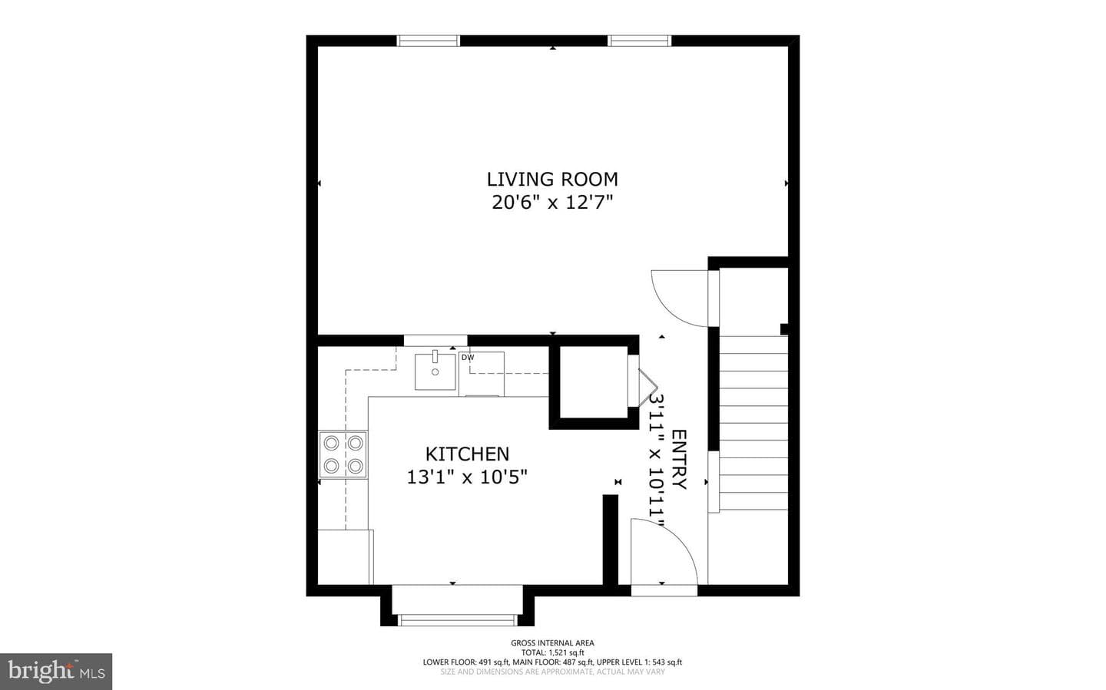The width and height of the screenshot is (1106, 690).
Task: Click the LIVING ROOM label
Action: click(x=552, y=179)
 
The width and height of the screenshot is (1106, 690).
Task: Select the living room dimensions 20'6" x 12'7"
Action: click(x=552, y=203)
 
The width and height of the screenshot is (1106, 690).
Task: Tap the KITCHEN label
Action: click(x=467, y=454)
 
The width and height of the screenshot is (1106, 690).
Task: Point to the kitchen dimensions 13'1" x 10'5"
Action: click(x=467, y=477)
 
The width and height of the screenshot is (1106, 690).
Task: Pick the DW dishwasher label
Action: click(x=468, y=358)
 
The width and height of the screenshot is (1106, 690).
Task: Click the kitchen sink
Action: click(x=435, y=371)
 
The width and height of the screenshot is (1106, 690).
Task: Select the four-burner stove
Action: click(x=343, y=454)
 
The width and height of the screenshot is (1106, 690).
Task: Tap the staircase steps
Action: click(x=753, y=423)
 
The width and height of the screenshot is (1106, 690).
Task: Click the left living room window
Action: click(x=429, y=41)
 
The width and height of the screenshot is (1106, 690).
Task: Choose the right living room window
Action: click(x=639, y=41)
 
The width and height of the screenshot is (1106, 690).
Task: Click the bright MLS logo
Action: click(x=56, y=672)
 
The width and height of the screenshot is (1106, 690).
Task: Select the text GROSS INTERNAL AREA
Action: click(x=552, y=643)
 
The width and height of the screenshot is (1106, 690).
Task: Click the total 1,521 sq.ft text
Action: click(x=552, y=652)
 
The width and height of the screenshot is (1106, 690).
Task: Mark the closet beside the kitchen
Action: click(x=594, y=382)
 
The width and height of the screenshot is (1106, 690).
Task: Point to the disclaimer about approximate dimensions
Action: click(x=552, y=672)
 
